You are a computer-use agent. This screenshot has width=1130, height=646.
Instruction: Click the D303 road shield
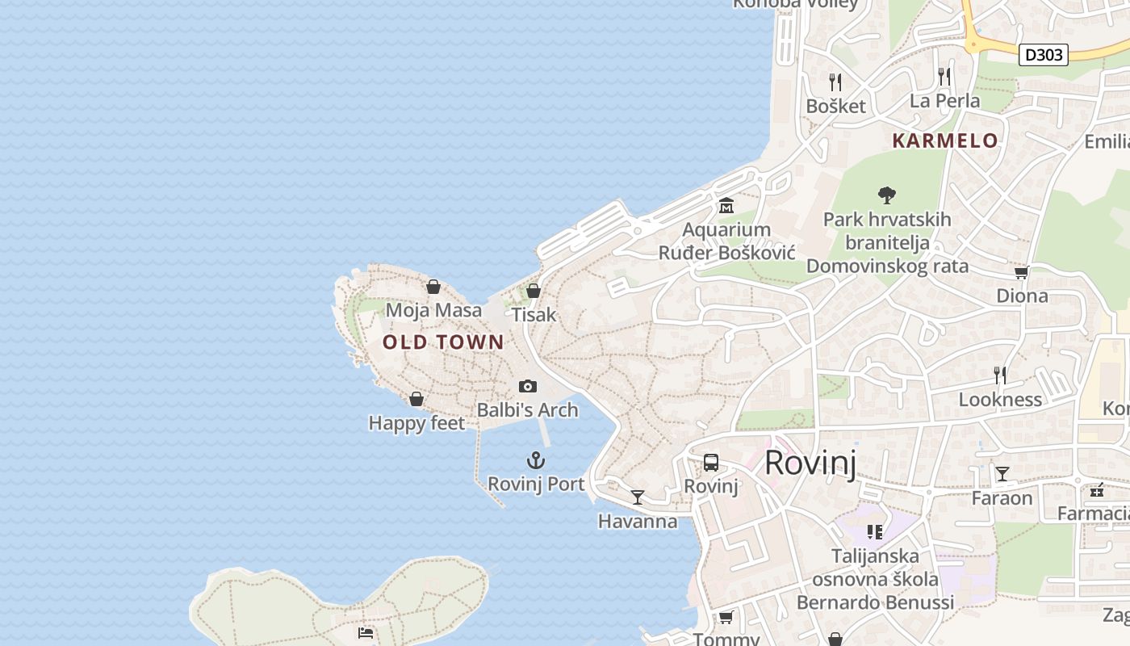[x=1044, y=55]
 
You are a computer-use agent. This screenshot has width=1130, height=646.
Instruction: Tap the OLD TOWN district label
[x=443, y=342]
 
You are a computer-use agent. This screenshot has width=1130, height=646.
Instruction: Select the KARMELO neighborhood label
[x=945, y=141]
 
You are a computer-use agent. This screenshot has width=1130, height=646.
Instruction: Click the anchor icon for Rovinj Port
[x=536, y=461]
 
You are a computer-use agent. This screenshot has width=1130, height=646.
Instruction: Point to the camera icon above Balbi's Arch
[x=528, y=387]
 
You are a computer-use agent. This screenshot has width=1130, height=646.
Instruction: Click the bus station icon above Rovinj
[x=711, y=463]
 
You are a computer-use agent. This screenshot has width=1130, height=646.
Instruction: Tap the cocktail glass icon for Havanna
[x=638, y=497]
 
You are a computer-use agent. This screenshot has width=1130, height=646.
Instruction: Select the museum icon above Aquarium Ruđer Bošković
[x=726, y=206]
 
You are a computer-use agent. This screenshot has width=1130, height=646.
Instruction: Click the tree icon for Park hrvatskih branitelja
[x=887, y=195]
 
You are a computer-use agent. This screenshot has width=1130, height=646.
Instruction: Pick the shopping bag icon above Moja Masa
[x=433, y=287]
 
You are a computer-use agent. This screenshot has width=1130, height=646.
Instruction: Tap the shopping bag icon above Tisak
[x=534, y=291]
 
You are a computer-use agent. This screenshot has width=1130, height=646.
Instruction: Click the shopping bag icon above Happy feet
[x=416, y=399]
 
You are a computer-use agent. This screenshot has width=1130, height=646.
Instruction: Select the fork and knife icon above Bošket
[x=835, y=82]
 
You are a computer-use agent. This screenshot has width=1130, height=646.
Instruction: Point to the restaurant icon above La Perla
[x=944, y=77]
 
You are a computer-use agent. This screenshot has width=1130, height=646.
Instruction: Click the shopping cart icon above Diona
[x=1021, y=273]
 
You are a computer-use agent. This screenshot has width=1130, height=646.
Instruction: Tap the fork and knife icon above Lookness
[x=1000, y=375]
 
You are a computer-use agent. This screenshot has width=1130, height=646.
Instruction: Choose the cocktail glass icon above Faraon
[x=1002, y=474]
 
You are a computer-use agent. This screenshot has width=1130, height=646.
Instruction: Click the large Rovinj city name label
[x=810, y=463]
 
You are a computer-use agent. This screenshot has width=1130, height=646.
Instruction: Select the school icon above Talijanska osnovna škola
[x=875, y=531]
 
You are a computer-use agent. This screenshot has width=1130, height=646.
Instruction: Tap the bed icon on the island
[x=366, y=632]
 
